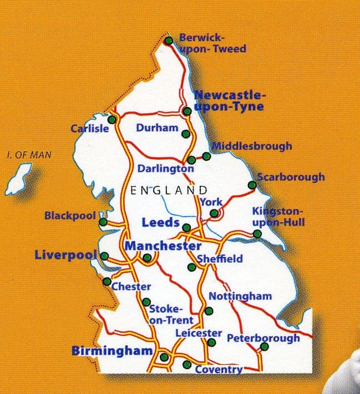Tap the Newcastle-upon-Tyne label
[x=229, y=100]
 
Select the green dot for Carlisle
[x=111, y=119]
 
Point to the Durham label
[x=157, y=128]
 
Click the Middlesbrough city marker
[x=206, y=156]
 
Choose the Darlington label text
[x=166, y=168]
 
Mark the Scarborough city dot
[x=252, y=185]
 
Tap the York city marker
[x=214, y=213]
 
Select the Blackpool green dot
[x=103, y=222]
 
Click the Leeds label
[x=160, y=223]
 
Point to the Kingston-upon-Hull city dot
[x=257, y=234]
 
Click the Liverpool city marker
[x=104, y=255]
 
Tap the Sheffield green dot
[x=191, y=267]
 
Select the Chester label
[x=131, y=286]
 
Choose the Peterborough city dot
[x=264, y=347]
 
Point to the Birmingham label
[x=112, y=351]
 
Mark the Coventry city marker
[x=187, y=364]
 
